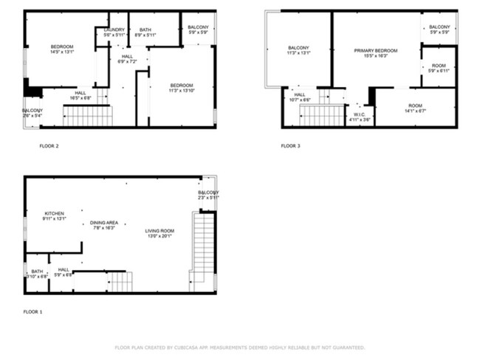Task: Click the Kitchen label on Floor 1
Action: click(55, 216)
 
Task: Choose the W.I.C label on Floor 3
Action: click(360, 116)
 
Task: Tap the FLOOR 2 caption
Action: click(49, 146)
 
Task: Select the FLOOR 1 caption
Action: click(32, 312)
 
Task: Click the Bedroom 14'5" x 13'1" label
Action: click(61, 49)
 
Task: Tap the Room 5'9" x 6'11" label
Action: click(439, 67)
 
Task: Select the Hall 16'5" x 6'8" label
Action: click(80, 95)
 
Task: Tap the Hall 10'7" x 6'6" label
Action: click(300, 97)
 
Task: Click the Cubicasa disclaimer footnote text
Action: click(239, 347)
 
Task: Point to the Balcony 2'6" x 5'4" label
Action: click(32, 113)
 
